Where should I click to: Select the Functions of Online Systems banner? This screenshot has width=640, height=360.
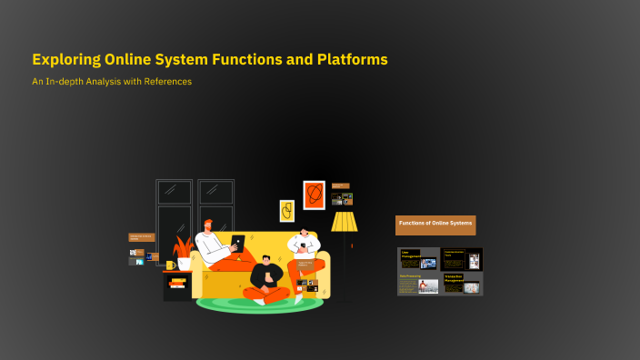point(435,224)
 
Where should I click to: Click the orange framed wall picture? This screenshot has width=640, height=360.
point(314,195)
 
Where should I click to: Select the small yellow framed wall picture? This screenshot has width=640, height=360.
point(286,211)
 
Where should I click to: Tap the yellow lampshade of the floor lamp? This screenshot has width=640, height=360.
point(344,222)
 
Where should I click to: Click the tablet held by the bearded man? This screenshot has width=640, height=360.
point(237,243)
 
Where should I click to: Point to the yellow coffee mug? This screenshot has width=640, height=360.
point(171,265)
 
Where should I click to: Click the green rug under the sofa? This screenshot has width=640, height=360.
point(259,304)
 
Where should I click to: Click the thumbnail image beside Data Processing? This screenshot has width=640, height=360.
point(428,286)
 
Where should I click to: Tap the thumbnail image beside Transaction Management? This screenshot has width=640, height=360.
point(471,288)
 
